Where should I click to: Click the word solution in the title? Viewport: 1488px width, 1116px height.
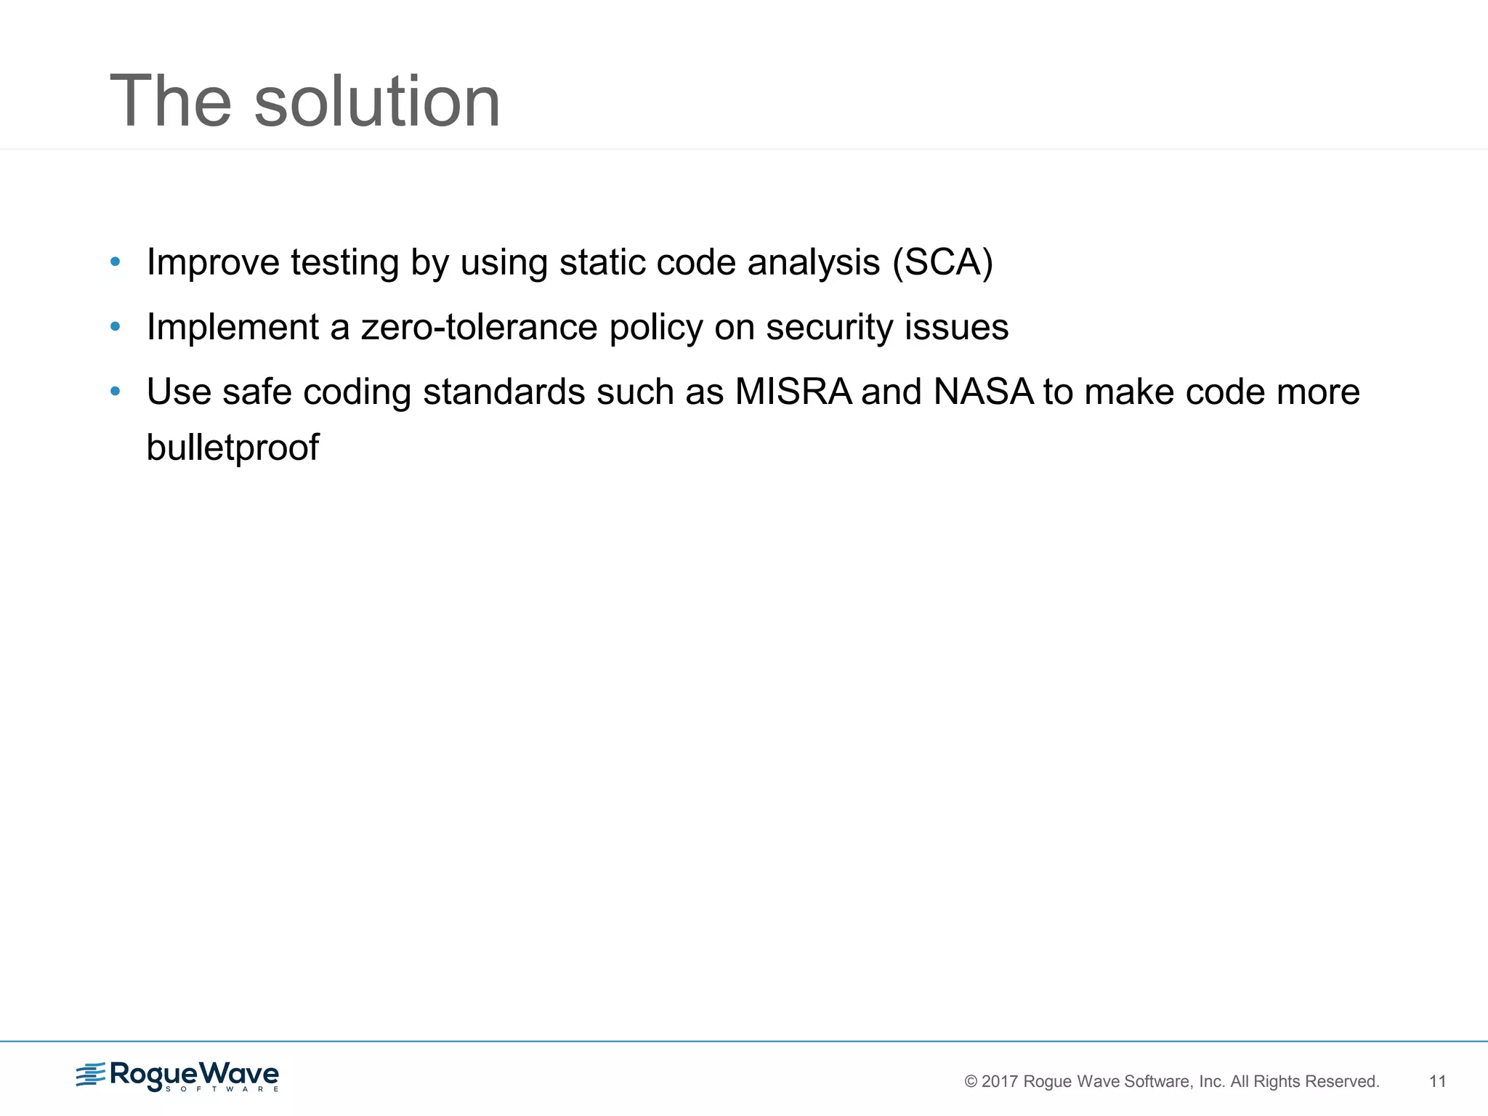point(377,102)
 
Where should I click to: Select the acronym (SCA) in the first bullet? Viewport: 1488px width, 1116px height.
point(942,262)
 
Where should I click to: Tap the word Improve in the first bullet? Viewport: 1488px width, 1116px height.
point(213,262)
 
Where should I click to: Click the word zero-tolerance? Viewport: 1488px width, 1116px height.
point(480,327)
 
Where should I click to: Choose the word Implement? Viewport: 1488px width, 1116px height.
point(232,327)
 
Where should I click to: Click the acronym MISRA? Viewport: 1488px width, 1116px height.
point(793,392)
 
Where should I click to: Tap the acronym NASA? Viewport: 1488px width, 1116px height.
point(983,392)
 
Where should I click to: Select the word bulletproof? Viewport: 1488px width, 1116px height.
point(232,448)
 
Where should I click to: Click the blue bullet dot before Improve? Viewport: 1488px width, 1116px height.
point(115,262)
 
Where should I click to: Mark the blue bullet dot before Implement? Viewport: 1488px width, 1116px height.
point(115,327)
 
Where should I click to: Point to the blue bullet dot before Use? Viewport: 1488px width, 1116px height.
point(115,392)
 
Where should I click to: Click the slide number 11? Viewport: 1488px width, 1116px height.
point(1437,1081)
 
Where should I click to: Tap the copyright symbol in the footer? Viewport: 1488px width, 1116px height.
point(971,1082)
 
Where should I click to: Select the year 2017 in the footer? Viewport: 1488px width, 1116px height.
point(1000,1082)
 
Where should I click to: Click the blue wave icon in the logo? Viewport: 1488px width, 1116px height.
point(91,1075)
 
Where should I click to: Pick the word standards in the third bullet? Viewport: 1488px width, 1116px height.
point(504,392)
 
